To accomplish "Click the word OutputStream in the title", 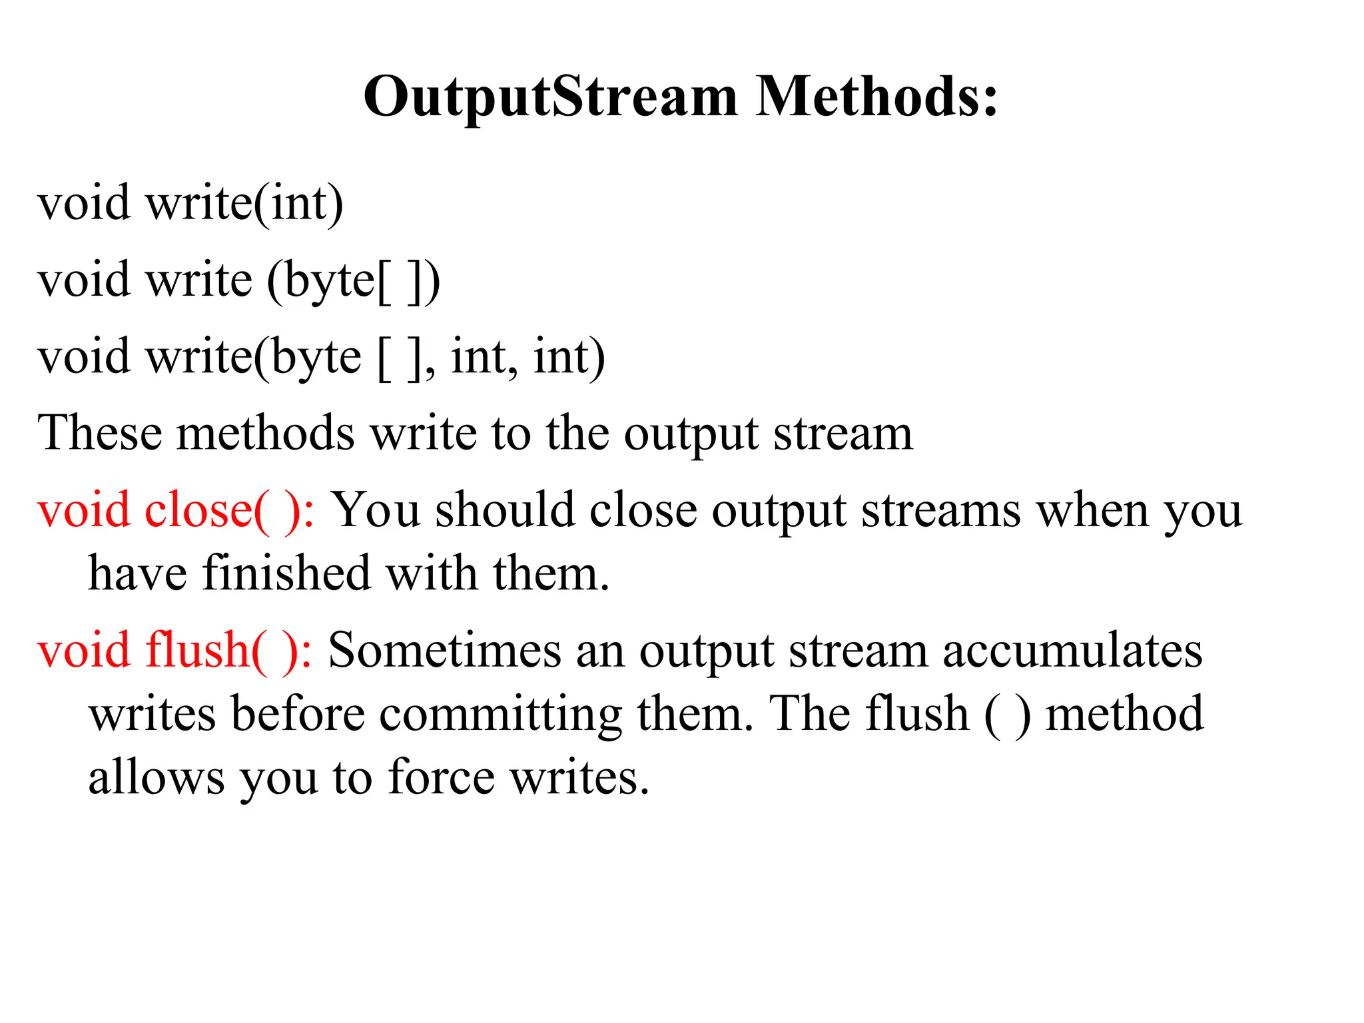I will [550, 98].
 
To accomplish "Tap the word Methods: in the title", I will [876, 97].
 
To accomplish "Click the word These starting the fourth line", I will [100, 434].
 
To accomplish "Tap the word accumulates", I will [1072, 651].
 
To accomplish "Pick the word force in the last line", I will [441, 777].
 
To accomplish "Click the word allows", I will [157, 777].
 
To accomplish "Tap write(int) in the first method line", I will [244, 203].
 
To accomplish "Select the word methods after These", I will [266, 434].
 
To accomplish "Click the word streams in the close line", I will [940, 511].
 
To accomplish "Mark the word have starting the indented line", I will [137, 573].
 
